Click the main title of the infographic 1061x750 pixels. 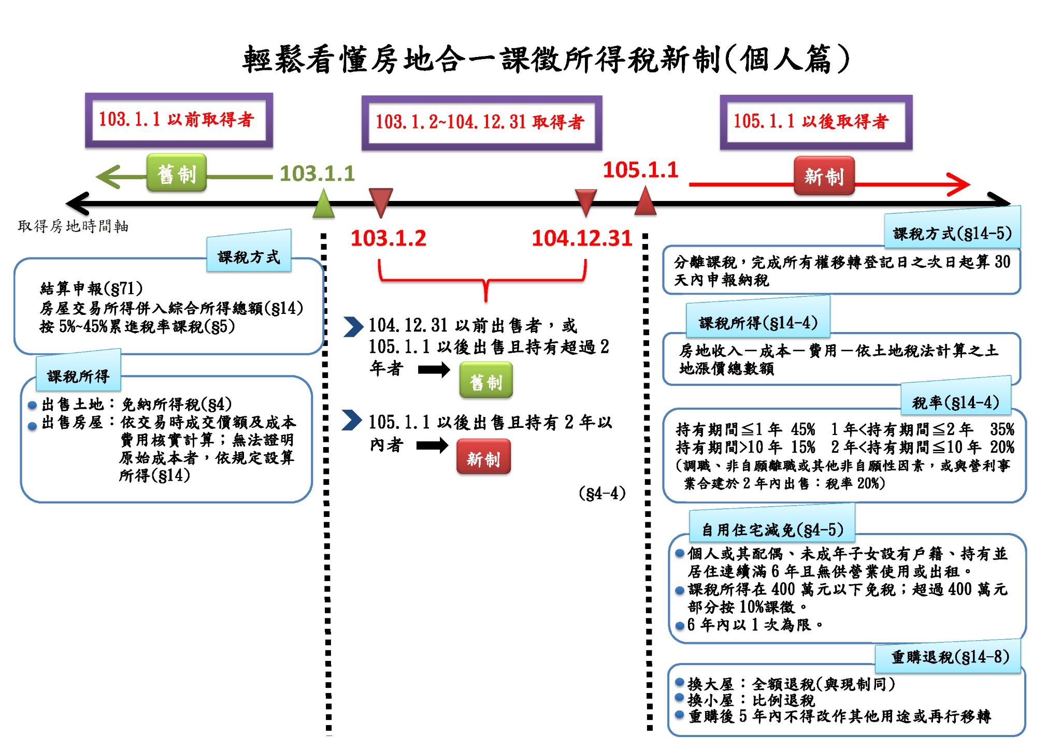point(546,59)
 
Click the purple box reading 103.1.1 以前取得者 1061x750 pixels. point(179,120)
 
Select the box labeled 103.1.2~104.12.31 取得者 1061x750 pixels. point(481,123)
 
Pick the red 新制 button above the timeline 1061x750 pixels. point(824,176)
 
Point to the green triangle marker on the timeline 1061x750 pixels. point(324,204)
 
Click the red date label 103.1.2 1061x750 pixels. point(389,238)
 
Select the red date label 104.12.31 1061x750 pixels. point(582,238)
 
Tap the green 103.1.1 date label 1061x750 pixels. point(317,174)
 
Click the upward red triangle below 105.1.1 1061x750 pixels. point(646,202)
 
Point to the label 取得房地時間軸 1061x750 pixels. point(73,226)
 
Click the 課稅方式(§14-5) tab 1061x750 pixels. point(952,233)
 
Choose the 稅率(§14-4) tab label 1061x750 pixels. point(956,402)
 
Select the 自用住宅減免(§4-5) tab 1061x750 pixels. point(772,529)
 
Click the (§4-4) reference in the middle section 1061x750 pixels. point(602,493)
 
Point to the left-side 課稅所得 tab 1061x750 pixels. point(78,376)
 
